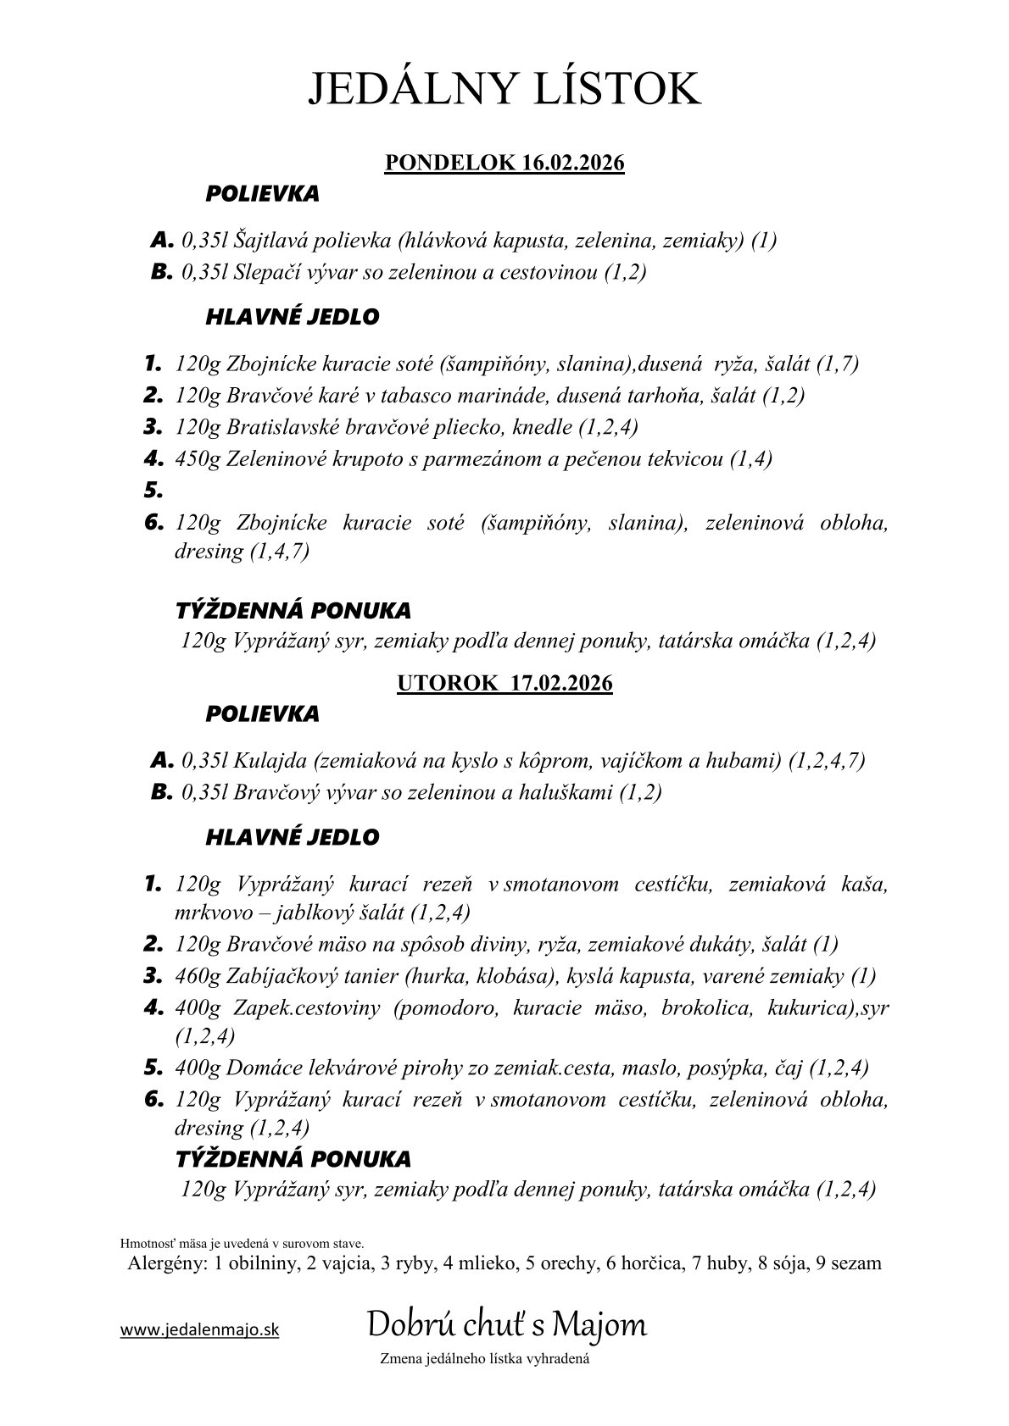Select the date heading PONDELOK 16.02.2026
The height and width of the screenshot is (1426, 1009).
click(x=504, y=163)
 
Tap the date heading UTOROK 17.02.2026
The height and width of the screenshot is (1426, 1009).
click(x=504, y=684)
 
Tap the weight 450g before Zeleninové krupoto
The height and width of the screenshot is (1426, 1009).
click(x=198, y=459)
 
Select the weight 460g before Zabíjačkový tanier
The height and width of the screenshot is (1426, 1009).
click(x=198, y=976)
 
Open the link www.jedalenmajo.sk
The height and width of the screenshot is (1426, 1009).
click(x=199, y=1330)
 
